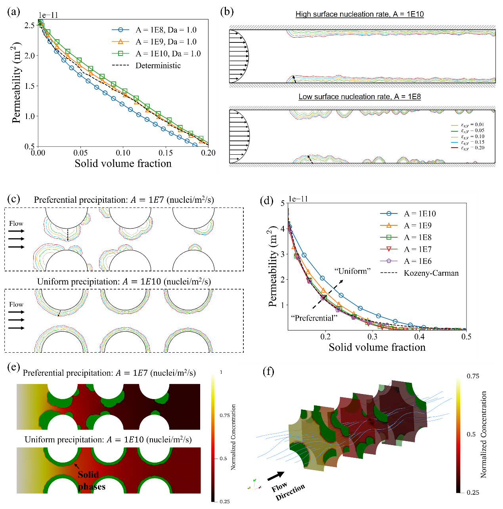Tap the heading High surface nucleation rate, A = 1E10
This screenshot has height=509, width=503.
point(360,14)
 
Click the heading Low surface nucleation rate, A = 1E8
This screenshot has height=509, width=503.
point(360,97)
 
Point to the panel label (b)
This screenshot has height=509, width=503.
point(227,12)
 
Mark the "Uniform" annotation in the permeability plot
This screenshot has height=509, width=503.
point(352,271)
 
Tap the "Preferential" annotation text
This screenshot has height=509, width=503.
point(314,318)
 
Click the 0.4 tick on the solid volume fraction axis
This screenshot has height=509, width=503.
point(419,337)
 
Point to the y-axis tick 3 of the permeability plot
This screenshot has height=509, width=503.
point(283,254)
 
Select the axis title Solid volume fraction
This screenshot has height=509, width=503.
point(377,348)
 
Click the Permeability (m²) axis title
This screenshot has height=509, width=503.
point(273,267)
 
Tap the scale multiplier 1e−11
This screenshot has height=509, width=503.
point(298,199)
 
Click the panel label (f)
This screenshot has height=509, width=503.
point(268,372)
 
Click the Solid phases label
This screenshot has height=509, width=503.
point(91,480)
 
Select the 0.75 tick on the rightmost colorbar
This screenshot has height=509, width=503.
point(473,376)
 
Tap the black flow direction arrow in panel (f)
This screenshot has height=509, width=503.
point(276,476)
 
